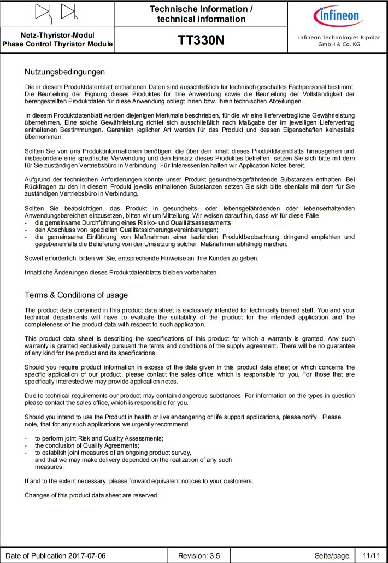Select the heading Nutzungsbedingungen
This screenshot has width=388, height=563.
[64, 72]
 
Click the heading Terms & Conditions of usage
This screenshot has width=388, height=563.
[76, 295]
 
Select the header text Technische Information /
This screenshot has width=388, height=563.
[201, 9]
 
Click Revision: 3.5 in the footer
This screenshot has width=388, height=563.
[199, 556]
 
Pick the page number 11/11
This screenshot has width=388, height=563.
[367, 556]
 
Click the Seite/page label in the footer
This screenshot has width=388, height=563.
[332, 556]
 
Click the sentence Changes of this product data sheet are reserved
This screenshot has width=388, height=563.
[91, 495]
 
